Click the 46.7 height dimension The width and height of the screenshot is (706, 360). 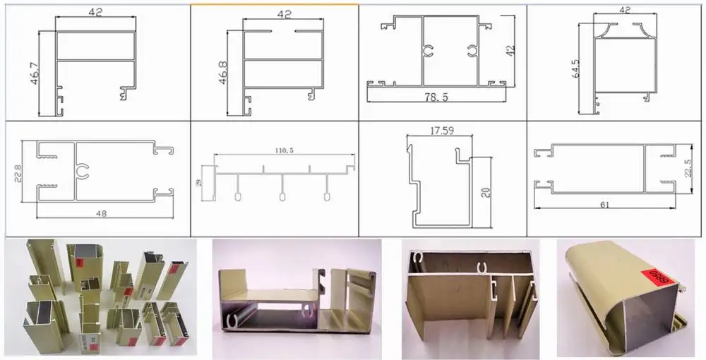pos(32,73)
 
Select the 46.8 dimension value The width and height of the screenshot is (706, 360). pos(222,73)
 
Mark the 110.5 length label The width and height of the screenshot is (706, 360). pos(283,151)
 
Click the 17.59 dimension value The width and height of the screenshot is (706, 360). pos(442,130)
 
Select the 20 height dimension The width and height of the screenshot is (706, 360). pos(485,192)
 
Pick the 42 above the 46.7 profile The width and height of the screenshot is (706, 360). pos(96,11)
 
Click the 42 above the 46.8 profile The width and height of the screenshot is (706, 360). pos(285,13)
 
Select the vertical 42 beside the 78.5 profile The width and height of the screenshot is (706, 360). pos(510,50)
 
